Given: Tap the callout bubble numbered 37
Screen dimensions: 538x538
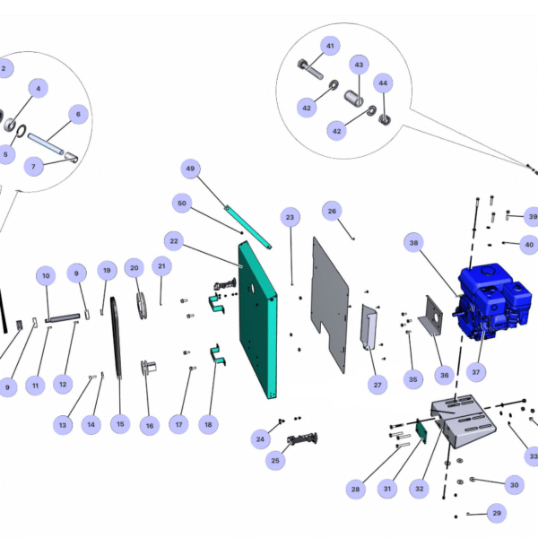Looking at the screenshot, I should pos(475,371).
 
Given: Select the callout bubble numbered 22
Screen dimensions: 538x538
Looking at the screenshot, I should pos(175,240).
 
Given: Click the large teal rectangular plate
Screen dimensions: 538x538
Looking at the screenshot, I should pos(258,323).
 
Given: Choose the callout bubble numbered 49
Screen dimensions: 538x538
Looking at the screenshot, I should pos(190,169).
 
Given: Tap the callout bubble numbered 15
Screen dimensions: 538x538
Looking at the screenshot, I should pos(121,423).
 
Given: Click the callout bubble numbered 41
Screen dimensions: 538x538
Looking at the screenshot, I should pos(330,45).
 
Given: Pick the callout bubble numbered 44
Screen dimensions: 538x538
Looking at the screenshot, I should pos(384,83).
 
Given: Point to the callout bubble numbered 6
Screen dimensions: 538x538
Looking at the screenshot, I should pos(77,114).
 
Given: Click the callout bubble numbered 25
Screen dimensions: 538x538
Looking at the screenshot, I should pos(275,461).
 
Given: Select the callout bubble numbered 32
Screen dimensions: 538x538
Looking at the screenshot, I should pos(419,490).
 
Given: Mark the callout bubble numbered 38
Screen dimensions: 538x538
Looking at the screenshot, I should pos(414,242).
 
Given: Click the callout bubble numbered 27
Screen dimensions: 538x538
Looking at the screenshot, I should pos(377,384).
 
